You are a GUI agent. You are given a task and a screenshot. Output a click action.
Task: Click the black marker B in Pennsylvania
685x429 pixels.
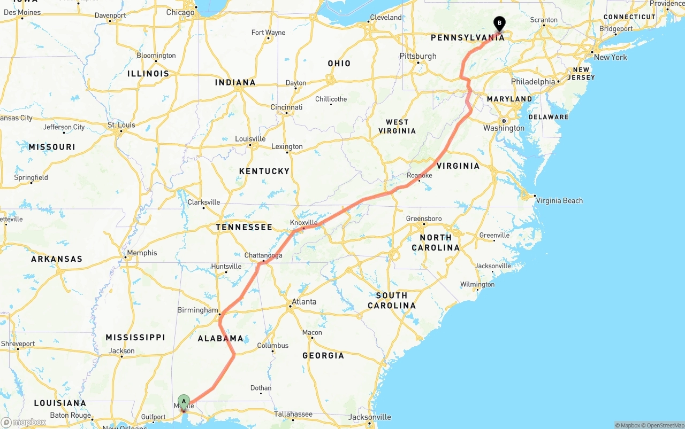pos(499,24)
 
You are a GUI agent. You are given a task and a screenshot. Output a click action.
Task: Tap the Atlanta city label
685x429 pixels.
pos(304,302)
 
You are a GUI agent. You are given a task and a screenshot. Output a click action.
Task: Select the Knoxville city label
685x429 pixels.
pos(303,223)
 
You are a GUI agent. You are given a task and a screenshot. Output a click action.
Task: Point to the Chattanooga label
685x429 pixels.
pos(263,255)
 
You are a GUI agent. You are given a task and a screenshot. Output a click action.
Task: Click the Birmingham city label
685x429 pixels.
pos(197,310)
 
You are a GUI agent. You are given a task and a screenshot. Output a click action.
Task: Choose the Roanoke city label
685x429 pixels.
pos(420,176)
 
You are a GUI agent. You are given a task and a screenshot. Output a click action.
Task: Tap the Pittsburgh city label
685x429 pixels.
pos(418,56)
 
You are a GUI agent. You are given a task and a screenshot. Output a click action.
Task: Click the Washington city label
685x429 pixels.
pos(504,128)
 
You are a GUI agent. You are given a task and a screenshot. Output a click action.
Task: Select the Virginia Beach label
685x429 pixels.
pos(559,201)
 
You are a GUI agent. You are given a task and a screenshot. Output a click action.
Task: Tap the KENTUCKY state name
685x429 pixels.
pos(264,171)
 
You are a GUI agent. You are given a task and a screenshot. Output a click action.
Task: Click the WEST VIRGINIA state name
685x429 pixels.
pos(397,127)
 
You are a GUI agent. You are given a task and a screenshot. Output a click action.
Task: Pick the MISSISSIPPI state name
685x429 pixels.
pos(135,338)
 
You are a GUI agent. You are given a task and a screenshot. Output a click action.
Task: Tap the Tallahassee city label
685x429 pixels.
pos(293,414)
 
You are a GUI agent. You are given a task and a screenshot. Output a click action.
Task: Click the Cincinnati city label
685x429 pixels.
pos(286,107)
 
